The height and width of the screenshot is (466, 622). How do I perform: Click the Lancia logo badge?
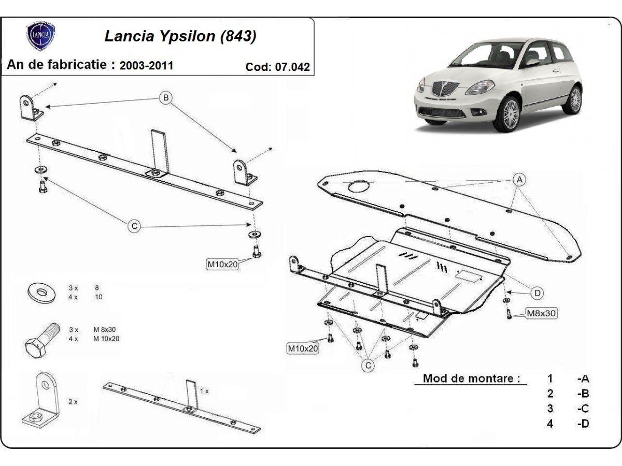(x=41, y=36)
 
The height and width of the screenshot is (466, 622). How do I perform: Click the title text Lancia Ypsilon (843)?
(x=180, y=36)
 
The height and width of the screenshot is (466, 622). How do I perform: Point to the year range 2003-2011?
(x=146, y=66)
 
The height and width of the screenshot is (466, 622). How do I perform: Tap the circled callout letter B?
(x=165, y=97)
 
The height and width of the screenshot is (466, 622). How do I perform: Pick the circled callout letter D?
(x=538, y=293)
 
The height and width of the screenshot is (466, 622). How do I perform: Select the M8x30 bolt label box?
(x=542, y=313)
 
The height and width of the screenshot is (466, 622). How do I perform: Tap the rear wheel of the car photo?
(x=574, y=99)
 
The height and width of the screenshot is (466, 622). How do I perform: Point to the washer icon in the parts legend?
(x=40, y=293)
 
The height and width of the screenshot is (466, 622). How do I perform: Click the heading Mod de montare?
(x=471, y=378)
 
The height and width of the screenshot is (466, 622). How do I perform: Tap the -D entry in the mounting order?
(x=583, y=424)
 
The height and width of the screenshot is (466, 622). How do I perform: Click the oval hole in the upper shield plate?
(x=359, y=186)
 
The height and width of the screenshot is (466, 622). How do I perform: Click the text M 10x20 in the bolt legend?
(x=106, y=339)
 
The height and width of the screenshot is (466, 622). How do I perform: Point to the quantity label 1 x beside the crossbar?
(x=204, y=391)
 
